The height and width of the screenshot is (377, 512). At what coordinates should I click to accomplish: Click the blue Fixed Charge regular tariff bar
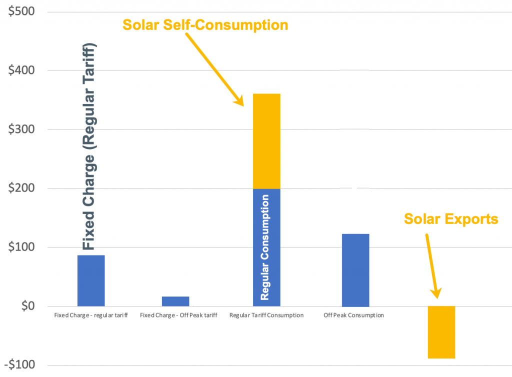click(91, 280)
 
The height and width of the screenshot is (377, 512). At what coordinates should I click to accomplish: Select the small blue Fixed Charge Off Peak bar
click(176, 301)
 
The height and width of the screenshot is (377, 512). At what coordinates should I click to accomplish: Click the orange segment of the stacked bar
click(266, 141)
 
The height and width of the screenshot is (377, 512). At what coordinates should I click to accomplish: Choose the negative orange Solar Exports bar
click(441, 332)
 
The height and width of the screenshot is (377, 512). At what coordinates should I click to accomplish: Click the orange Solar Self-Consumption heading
click(205, 24)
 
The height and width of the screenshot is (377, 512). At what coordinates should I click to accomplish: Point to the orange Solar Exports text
click(451, 218)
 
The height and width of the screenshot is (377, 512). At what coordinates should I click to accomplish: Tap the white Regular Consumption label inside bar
click(265, 247)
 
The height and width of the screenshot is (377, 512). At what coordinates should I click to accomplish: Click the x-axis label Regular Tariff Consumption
click(266, 315)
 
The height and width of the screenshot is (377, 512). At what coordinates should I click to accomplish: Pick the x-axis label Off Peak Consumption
click(353, 315)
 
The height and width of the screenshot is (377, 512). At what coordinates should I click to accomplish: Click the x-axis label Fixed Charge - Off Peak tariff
click(178, 315)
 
